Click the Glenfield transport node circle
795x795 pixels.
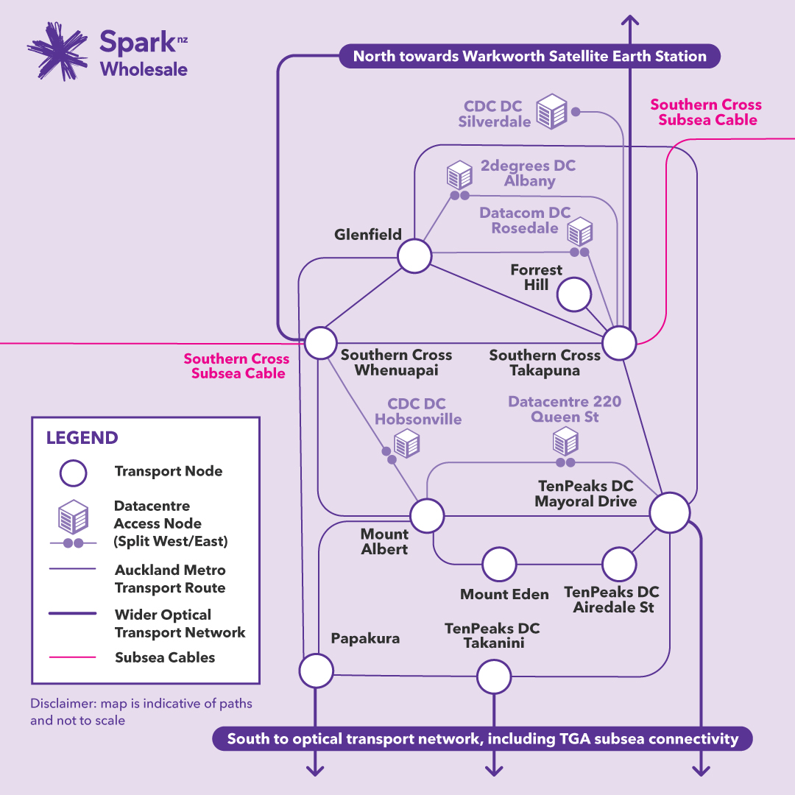coord(414,256)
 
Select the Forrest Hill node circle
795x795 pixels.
coord(574,294)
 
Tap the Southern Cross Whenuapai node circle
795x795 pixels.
coord(320,343)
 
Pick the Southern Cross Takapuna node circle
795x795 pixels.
coord(619,343)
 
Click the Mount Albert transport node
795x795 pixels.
coord(428,515)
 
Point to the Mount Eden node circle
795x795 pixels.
coord(499,564)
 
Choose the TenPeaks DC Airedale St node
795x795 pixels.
coord(619,564)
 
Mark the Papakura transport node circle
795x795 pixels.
coord(317,671)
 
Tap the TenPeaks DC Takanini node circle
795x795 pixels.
coord(494,676)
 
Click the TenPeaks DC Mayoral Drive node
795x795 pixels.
coord(670,512)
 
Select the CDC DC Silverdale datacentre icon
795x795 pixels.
coord(551,112)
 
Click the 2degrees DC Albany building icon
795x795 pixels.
coord(459,175)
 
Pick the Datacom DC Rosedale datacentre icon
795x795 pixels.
coord(579,232)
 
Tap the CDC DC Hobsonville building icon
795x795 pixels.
coord(406,443)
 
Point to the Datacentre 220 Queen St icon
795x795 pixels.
coord(565,441)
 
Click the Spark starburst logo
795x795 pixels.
coord(57,51)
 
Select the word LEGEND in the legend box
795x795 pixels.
coord(82,437)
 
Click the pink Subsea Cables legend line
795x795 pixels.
coord(72,657)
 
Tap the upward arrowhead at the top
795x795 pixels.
coord(629,21)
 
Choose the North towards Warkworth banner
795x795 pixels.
coord(529,56)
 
